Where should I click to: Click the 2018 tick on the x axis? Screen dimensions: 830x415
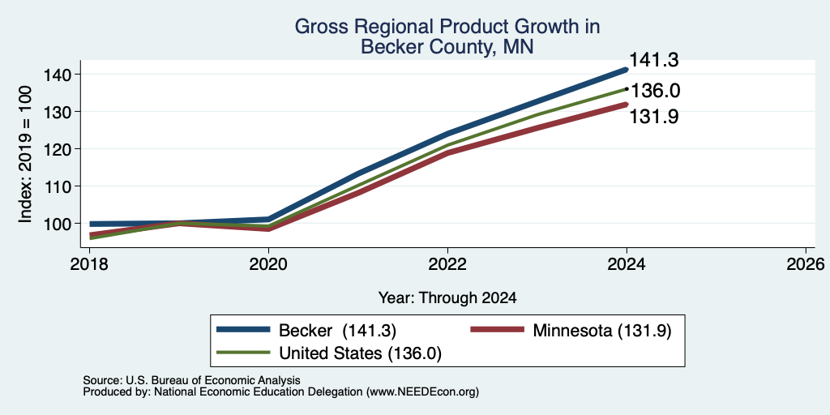[x=89, y=264]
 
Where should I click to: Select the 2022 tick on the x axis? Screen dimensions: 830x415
[x=447, y=264]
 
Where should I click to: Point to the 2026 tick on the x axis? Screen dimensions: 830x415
[x=806, y=264]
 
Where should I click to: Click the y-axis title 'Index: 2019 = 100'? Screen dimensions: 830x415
[x=25, y=155]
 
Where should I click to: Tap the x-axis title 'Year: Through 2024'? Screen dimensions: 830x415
[x=447, y=298]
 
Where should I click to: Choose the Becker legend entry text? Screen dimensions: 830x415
[x=338, y=331]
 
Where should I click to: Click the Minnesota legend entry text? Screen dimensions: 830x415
[x=602, y=331]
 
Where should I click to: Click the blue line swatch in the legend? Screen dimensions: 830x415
[x=243, y=330]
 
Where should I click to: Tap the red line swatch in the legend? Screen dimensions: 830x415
[x=498, y=330]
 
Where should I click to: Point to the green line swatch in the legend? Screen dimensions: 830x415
[x=243, y=353]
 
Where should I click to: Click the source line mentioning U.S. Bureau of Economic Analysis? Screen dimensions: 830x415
[x=191, y=380]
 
